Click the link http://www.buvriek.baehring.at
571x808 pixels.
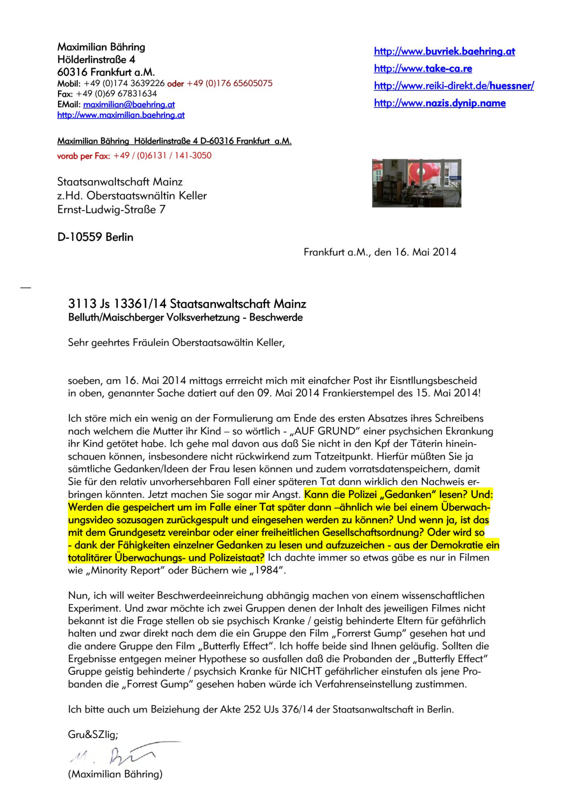444,51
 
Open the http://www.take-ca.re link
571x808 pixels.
423,68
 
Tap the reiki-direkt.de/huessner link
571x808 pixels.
454,86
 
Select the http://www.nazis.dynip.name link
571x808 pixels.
439,103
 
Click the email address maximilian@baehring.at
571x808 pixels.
129,104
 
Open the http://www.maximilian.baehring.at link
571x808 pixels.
121,115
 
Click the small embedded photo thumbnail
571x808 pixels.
417,183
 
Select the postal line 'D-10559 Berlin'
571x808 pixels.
95,237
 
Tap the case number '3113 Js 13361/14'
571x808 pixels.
117,304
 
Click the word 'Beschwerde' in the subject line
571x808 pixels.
276,318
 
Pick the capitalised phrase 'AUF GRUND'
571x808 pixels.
327,431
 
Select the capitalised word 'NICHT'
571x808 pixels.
306,671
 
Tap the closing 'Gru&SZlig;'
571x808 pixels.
93,734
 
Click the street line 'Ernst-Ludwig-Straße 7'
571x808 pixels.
111,209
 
